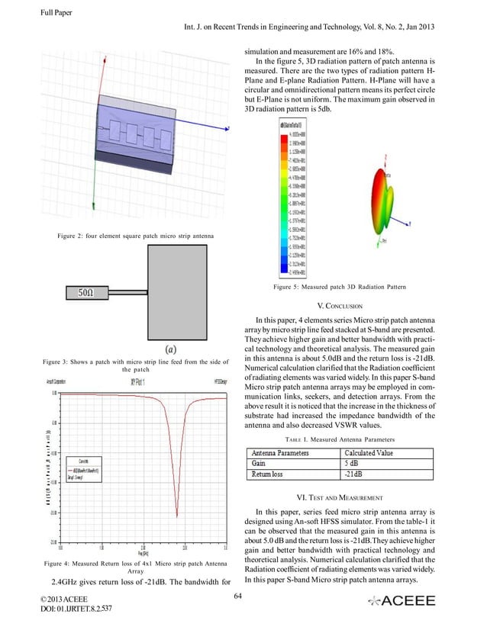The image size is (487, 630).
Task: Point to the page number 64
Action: pos(239,595)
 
